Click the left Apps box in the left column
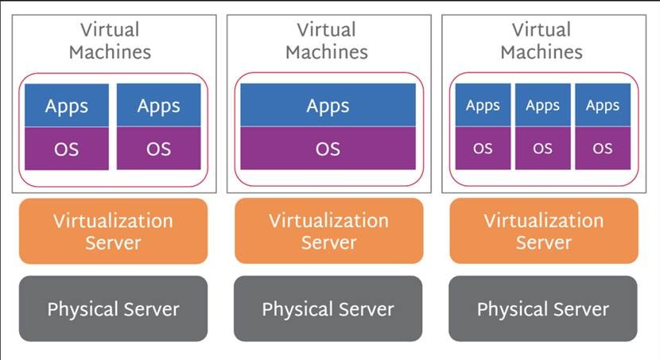point(67,105)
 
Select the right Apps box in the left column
point(159,105)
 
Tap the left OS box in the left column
point(67,149)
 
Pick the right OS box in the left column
point(159,149)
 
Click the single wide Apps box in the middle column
point(328,105)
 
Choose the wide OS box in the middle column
point(328,149)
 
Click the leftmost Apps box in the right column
point(483,105)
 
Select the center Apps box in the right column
point(543,105)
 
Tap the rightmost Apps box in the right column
point(603,105)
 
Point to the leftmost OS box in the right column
point(483,149)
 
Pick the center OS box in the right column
point(543,149)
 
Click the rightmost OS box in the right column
point(603,149)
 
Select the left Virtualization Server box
point(113,231)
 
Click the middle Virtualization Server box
point(328,231)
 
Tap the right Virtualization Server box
point(544,231)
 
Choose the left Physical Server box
point(113,308)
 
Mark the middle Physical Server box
point(328,308)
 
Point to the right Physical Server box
point(543,308)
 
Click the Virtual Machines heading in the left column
point(110,41)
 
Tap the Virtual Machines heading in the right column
point(542,41)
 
